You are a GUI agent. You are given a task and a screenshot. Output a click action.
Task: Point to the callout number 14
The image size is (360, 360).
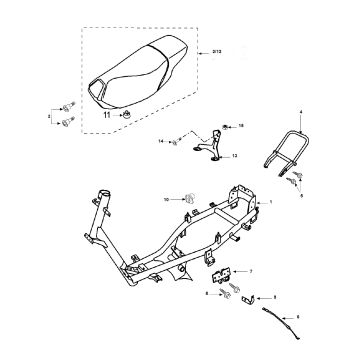click(x=161, y=142)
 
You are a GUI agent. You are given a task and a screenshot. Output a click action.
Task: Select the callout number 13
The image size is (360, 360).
click(x=235, y=157)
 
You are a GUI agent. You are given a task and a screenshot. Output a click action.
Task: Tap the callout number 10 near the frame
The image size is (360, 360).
click(x=167, y=200)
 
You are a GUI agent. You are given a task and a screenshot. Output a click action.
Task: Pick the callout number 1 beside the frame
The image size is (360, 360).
click(x=270, y=202)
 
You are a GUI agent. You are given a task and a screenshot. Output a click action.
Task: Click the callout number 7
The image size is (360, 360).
click(x=249, y=271)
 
